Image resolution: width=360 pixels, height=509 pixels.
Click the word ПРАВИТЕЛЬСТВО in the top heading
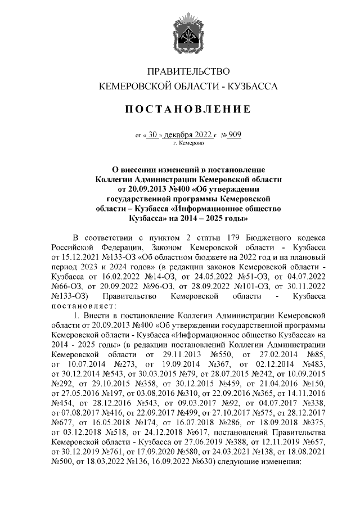coord(188,71)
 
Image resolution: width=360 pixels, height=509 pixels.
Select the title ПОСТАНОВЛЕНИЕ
coord(188,108)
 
